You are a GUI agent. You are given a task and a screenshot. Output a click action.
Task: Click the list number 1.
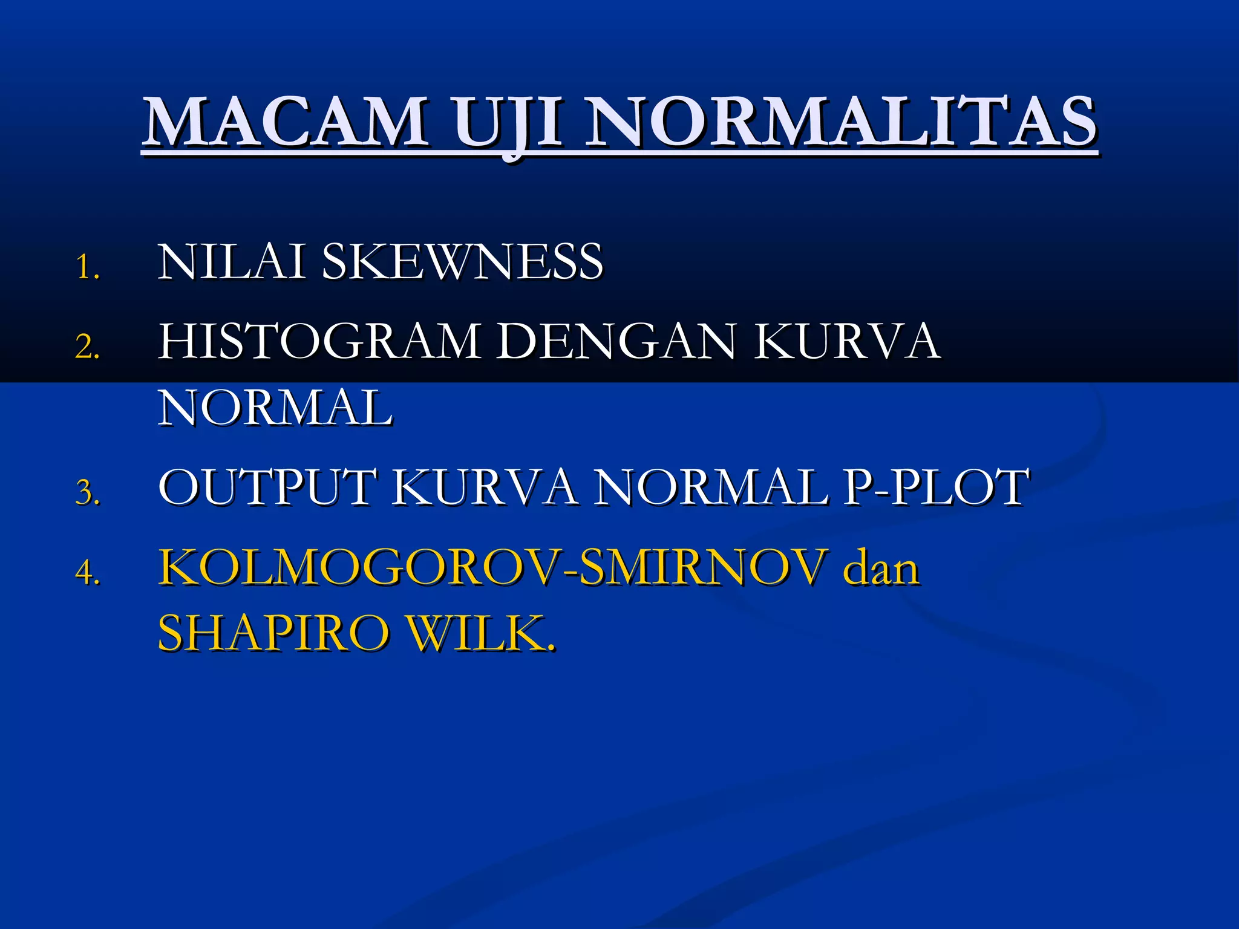pos(87,267)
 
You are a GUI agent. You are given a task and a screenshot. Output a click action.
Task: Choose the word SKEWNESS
pos(462,261)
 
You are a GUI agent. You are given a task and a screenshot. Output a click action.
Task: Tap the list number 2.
pos(87,347)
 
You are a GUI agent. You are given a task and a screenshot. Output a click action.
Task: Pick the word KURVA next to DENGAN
pos(847,341)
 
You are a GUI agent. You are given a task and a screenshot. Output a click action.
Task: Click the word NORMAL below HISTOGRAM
pos(275,408)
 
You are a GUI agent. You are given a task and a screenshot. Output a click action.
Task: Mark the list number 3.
pos(87,492)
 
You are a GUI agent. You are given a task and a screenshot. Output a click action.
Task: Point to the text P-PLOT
pos(935,487)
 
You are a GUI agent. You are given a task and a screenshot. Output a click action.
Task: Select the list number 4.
pos(87,572)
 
